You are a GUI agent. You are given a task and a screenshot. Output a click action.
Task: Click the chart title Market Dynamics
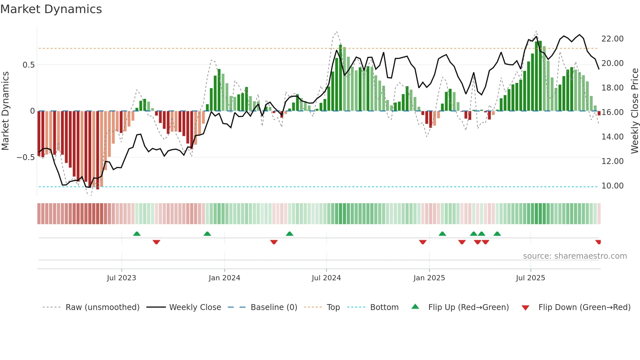coord(51,9)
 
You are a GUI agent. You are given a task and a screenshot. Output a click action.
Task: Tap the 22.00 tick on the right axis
coord(612,39)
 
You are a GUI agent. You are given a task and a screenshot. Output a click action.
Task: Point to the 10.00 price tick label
coord(612,186)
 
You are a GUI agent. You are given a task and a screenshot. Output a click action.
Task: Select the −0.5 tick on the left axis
coord(25,157)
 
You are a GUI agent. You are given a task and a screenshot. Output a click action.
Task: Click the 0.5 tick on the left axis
coord(28,65)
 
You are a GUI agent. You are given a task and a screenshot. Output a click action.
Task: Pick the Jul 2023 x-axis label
coord(121,278)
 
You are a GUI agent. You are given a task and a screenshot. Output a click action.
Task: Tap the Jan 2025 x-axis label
coord(429,278)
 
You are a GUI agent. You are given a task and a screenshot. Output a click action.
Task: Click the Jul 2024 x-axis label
coord(326,278)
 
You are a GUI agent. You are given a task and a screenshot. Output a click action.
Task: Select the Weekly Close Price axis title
coord(634,111)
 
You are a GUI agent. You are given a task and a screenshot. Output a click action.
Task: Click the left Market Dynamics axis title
coord(5,111)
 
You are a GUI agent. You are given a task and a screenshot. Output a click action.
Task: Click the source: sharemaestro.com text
coord(575,256)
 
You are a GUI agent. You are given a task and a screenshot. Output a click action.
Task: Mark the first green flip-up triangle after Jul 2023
coord(137,234)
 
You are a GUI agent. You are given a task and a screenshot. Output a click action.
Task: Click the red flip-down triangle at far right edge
coord(598,242)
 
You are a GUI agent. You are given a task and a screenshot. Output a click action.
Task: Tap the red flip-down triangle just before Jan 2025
coord(423,242)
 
